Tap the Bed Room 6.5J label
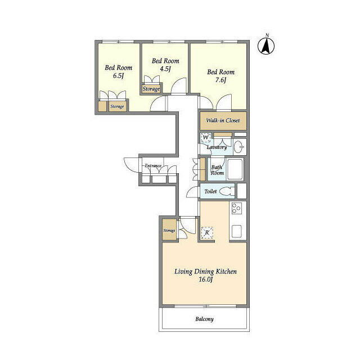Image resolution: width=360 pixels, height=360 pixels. tap(118, 72)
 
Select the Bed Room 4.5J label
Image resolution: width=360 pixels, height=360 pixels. tap(165, 65)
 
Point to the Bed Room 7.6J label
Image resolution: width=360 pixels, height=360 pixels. tap(220, 75)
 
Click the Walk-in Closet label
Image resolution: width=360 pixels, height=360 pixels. tap(223, 120)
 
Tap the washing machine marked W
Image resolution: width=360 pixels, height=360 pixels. tap(206, 137)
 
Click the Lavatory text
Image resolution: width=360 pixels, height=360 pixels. tap(217, 147)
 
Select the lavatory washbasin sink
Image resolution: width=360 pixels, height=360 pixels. tap(238, 147)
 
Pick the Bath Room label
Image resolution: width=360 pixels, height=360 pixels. tap(217, 170)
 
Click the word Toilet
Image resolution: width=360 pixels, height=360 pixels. tap(210, 191)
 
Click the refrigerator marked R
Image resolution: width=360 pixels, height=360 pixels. tap(207, 232)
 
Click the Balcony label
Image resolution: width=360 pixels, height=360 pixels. tap(204, 319)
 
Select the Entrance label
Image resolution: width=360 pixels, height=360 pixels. tap(153, 166)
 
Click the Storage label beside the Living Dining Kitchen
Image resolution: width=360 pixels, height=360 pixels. tap(169, 231)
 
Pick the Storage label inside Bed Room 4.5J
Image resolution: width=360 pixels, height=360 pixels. tap(151, 89)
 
